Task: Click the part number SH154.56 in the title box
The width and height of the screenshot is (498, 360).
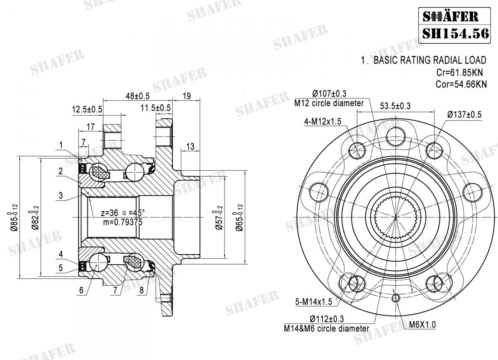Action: pyautogui.click(x=456, y=33)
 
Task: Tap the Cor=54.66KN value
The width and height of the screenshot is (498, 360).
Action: pyautogui.click(x=461, y=85)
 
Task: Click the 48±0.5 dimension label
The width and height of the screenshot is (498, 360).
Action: pyautogui.click(x=136, y=96)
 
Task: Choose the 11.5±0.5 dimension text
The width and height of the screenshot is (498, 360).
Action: pyautogui.click(x=155, y=108)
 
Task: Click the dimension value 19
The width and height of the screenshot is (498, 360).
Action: pyautogui.click(x=186, y=96)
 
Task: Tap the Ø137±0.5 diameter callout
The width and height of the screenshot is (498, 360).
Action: pyautogui.click(x=464, y=115)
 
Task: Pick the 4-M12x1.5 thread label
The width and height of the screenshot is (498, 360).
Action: pyautogui.click(x=322, y=122)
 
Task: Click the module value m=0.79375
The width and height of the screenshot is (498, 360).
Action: pyautogui.click(x=123, y=222)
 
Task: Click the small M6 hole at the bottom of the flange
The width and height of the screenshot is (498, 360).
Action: pyautogui.click(x=396, y=298)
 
